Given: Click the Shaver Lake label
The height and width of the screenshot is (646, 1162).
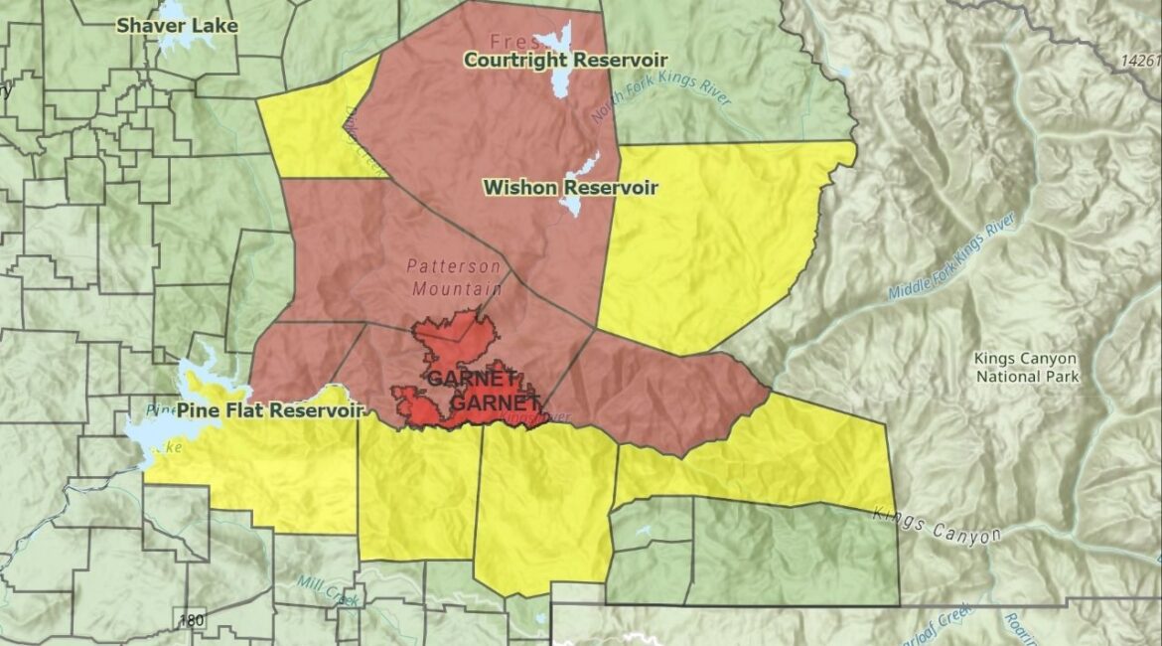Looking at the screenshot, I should point(178,26).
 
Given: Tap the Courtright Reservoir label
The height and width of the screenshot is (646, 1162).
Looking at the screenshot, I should point(565,61).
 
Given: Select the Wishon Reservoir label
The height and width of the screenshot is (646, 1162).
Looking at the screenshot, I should point(570,187).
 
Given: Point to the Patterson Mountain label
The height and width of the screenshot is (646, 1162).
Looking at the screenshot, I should point(454,278).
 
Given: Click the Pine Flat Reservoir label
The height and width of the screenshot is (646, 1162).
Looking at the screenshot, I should point(270,409).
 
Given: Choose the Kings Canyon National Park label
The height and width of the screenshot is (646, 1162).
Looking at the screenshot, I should point(1026,367).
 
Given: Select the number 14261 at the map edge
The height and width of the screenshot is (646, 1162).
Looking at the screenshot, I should point(1139,61).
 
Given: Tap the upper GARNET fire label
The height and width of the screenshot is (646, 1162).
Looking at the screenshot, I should point(473,379).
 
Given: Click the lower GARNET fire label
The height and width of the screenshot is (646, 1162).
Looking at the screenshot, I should point(495,404).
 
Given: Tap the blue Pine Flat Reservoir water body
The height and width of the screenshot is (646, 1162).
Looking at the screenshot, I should point(159,432).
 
